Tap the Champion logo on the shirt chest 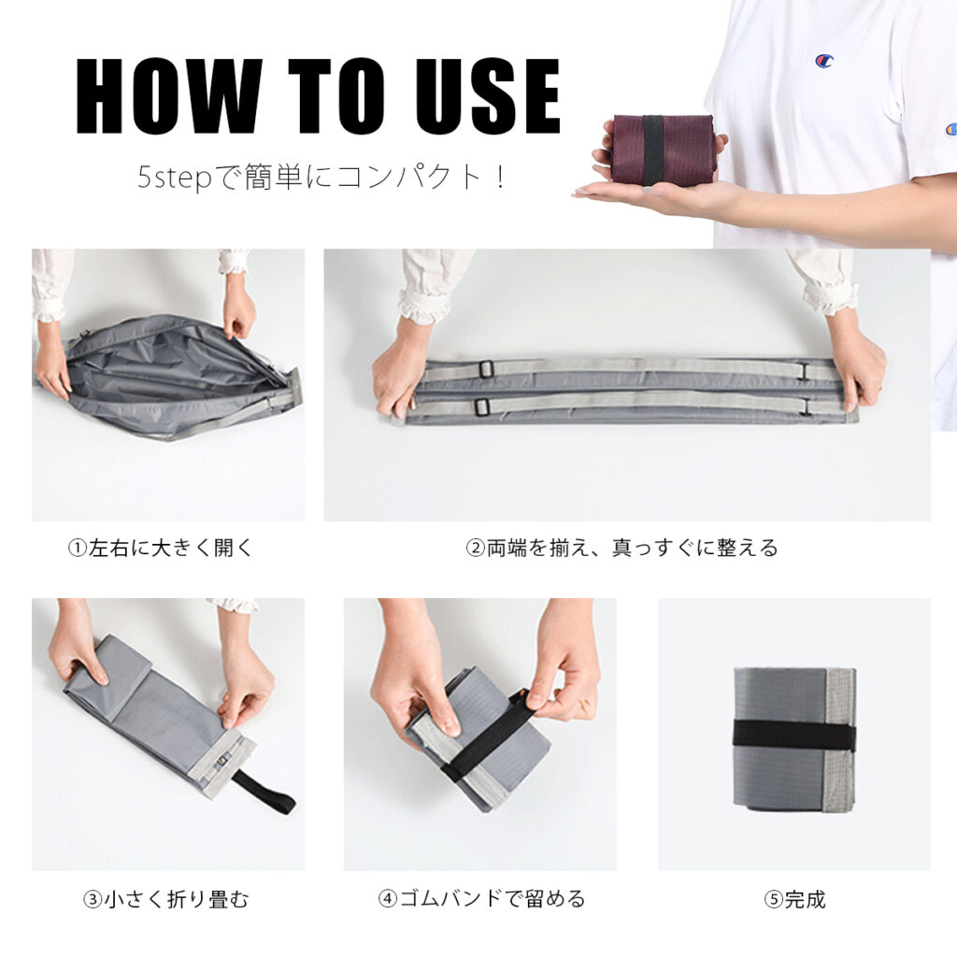tap(824, 61)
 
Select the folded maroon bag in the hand tap(663, 149)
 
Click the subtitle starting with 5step tap(321, 178)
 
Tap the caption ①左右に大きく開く tap(161, 548)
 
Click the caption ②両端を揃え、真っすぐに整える tap(621, 548)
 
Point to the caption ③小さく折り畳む tap(166, 899)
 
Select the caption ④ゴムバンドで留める tap(481, 899)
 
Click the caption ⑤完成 tap(794, 899)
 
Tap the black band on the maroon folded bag tap(651, 150)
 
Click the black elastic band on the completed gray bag tap(794, 736)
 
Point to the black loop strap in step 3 tap(264, 791)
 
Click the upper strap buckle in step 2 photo tap(486, 368)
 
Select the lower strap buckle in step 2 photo tap(481, 406)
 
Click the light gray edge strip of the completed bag tap(839, 740)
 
